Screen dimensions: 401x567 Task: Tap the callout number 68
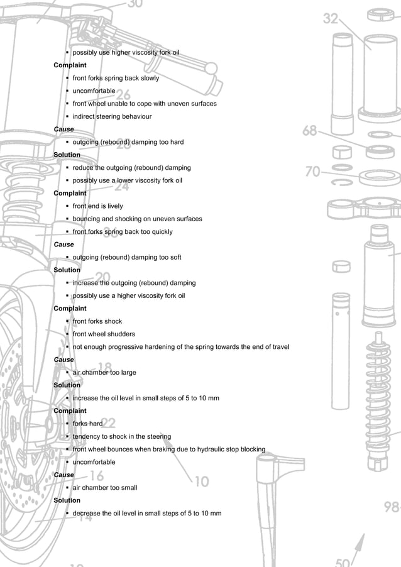[309, 131]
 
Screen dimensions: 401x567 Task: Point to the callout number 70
[313, 171]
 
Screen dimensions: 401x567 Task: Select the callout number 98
[392, 507]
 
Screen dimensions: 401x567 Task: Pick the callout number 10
[201, 482]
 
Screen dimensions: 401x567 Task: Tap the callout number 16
[97, 476]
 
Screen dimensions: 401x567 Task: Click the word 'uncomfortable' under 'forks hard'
[94, 462]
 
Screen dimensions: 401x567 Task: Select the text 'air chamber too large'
[104, 372]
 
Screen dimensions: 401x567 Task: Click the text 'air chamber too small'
[104, 488]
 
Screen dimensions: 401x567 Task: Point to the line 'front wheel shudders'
[104, 334]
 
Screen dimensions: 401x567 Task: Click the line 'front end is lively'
[98, 206]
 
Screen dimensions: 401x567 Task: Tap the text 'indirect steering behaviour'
[112, 116]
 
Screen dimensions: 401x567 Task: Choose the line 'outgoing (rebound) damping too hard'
[128, 142]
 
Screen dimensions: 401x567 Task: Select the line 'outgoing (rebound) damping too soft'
[127, 257]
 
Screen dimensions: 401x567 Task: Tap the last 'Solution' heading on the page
[67, 500]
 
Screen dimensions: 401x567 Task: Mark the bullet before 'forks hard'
[67, 424]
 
